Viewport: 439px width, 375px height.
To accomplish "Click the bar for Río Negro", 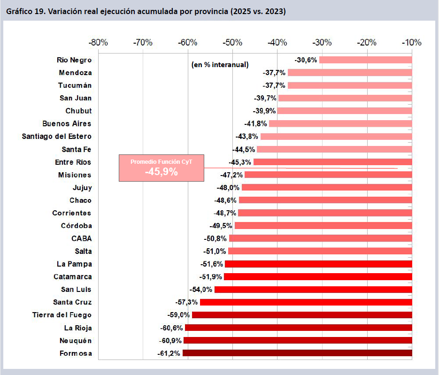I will pyautogui.click(x=365, y=60).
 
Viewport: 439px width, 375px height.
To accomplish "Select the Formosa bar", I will pyautogui.click(x=297, y=353).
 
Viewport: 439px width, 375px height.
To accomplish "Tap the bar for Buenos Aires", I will pyautogui.click(x=340, y=123).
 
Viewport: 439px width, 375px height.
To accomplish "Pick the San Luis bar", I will pyautogui.click(x=313, y=289).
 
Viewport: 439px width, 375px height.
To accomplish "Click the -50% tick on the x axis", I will pyautogui.click(x=232, y=43).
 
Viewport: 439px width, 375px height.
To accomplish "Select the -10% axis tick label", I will pyautogui.click(x=412, y=43).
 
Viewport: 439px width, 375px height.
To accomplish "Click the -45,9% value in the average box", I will pyautogui.click(x=161, y=172).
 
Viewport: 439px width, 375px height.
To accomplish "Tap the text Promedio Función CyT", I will pyautogui.click(x=161, y=161).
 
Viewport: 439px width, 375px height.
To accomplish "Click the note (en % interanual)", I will pyautogui.click(x=220, y=65).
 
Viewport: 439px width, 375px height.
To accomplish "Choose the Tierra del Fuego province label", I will pyautogui.click(x=62, y=314).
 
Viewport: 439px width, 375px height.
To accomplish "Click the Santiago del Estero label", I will pyautogui.click(x=57, y=136).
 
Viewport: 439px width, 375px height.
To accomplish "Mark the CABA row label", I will pyautogui.click(x=82, y=238).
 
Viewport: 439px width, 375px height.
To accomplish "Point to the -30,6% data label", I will pyautogui.click(x=306, y=60).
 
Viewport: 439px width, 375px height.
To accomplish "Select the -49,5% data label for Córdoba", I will pyautogui.click(x=221, y=225).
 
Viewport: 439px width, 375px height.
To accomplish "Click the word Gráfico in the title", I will pyautogui.click(x=20, y=11).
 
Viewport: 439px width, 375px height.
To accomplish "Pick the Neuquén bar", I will pyautogui.click(x=298, y=340).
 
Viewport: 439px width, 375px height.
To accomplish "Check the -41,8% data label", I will pyautogui.click(x=255, y=123).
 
